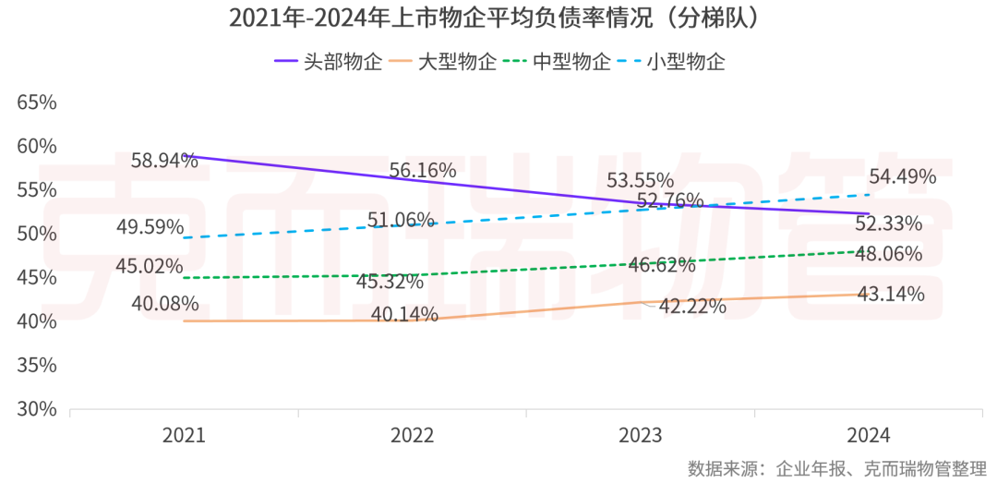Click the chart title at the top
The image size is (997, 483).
(x=498, y=18)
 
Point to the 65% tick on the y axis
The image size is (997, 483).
(x=37, y=103)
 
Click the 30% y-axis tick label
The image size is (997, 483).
(x=37, y=409)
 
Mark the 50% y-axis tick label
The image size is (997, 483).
(x=37, y=234)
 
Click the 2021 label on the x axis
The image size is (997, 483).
(x=184, y=435)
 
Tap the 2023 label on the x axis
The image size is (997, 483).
(x=641, y=435)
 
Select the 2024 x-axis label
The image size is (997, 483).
(x=869, y=435)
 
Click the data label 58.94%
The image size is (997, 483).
(x=164, y=161)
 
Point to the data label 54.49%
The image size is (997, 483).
(x=902, y=175)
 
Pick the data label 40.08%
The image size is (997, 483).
(x=164, y=303)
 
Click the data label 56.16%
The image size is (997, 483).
(x=423, y=170)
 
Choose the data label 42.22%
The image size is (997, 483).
(x=691, y=307)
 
